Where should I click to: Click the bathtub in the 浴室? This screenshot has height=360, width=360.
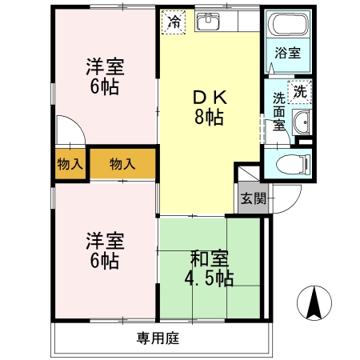pos(288,24)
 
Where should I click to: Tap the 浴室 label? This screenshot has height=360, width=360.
pos(288,53)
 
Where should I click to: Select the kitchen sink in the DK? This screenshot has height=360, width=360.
pos(208,22)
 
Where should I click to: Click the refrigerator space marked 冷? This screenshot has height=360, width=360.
pos(174,22)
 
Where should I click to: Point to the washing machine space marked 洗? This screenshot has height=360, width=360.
pos(300,92)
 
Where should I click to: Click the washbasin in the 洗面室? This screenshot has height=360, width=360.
pos(302,122)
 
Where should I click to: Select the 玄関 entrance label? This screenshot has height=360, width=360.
pos(254,198)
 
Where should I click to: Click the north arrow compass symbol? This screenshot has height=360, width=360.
pos(314,303)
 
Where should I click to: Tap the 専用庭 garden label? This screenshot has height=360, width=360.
pos(158,338)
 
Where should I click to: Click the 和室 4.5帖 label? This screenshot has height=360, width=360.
pos(209,268)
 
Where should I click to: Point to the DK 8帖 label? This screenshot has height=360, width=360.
pos(210,107)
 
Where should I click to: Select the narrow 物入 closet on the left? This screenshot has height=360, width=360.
pos(70,164)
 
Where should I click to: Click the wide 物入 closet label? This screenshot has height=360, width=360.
pos(122,163)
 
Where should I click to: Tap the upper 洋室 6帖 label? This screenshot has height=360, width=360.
pos(105,76)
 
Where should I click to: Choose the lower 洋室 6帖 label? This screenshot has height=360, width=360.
pos(105,250)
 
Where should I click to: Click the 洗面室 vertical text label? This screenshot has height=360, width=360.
pos(279,111)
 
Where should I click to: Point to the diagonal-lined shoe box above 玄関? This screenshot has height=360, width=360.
pos(249,174)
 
